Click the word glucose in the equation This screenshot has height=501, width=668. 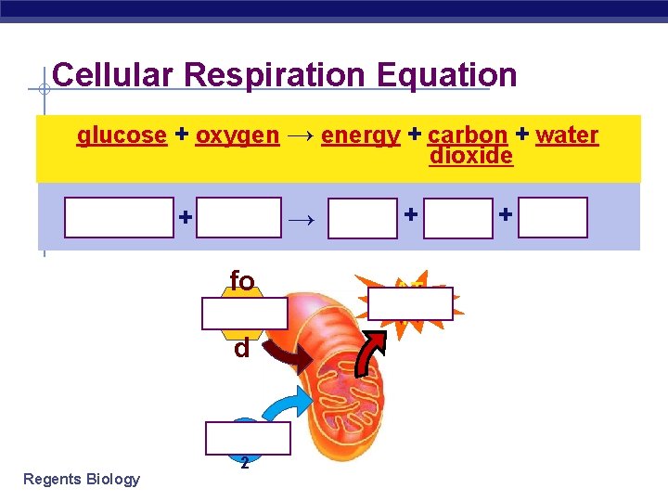tap(122, 135)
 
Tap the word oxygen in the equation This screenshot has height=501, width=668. tap(237, 135)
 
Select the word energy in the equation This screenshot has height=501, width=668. tap(360, 135)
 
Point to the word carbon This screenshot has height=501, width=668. tap(468, 135)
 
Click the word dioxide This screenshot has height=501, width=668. tap(471, 156)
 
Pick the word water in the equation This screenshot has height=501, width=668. tap(567, 135)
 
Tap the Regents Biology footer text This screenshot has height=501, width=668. tap(82, 479)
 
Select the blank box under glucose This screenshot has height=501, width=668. tap(119, 218)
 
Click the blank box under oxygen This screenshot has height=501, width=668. tap(238, 218)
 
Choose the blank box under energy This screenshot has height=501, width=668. tap(363, 218)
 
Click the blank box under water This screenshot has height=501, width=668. tap(552, 218)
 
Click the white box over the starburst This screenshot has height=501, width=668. tap(411, 303)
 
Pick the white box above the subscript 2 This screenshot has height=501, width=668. tap(248, 439)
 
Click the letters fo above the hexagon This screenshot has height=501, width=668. tap(242, 280)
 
